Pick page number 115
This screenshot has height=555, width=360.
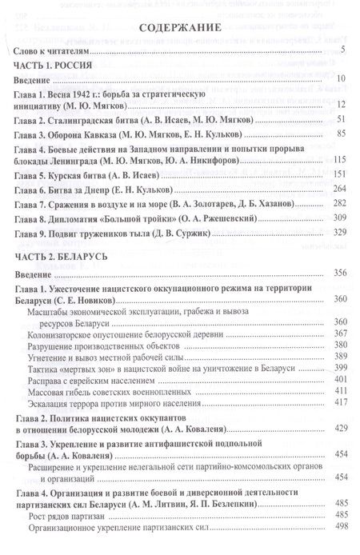tap(338, 160)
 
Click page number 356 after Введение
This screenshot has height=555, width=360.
tap(338, 274)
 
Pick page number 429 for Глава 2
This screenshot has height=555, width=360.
tap(338, 430)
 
